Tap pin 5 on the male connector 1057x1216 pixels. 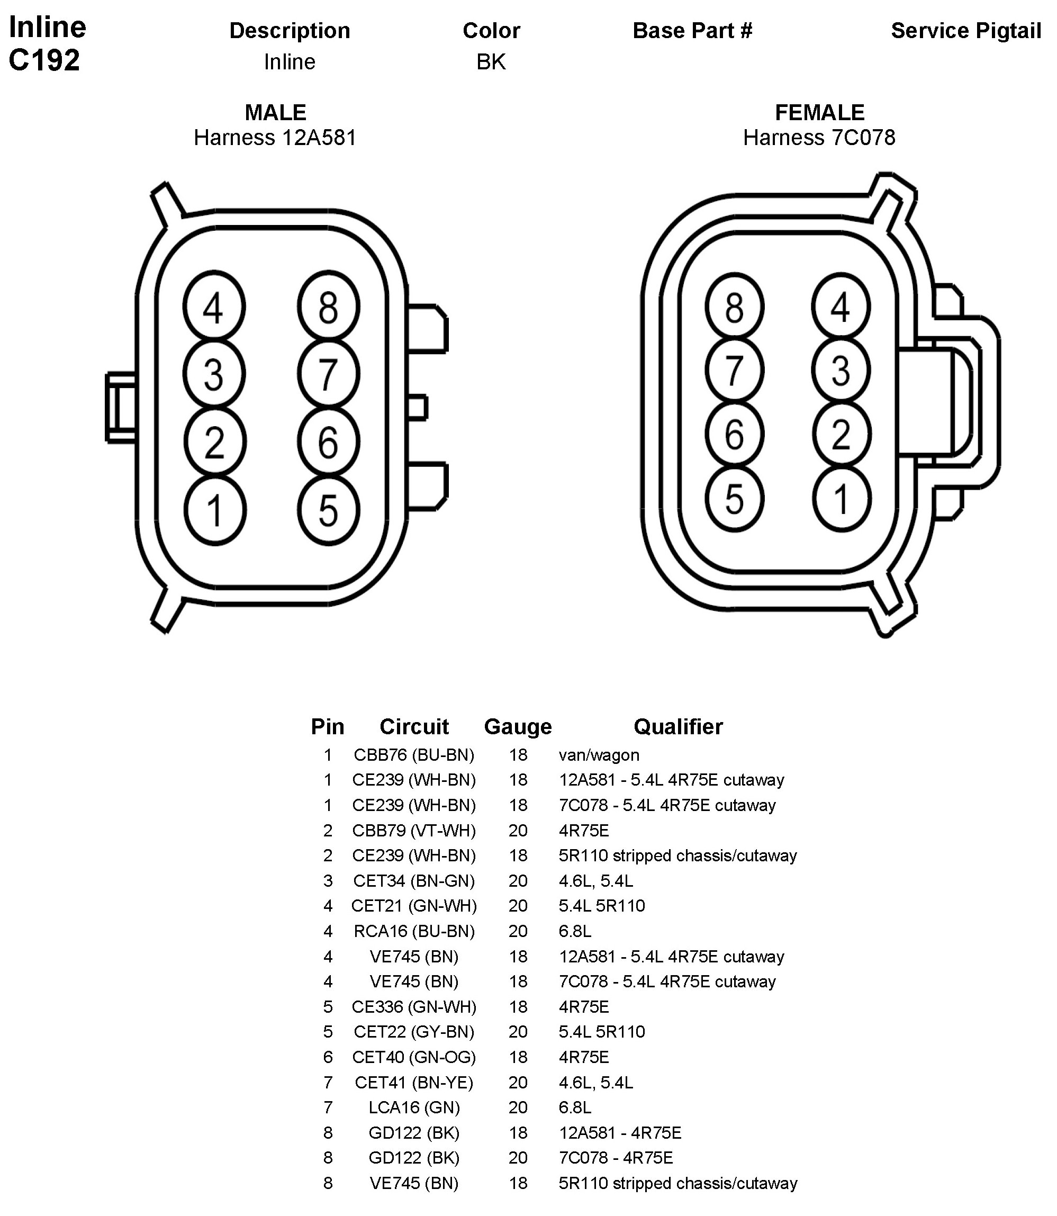(329, 510)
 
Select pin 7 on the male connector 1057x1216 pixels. (329, 374)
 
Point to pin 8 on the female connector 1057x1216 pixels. (734, 307)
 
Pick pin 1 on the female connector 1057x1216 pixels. (841, 499)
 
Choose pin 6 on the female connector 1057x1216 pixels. (734, 435)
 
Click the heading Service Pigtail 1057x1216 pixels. (965, 31)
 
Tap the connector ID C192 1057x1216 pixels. (44, 60)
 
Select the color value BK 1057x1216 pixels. (491, 62)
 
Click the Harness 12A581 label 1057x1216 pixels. (275, 138)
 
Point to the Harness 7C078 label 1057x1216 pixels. (819, 138)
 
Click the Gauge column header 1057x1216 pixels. (518, 727)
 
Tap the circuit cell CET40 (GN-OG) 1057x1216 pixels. (414, 1057)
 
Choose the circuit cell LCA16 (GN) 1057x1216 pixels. (414, 1107)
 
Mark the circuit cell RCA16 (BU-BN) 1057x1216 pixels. (414, 931)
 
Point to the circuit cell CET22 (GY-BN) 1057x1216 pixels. (414, 1032)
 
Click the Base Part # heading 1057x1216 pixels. (692, 31)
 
